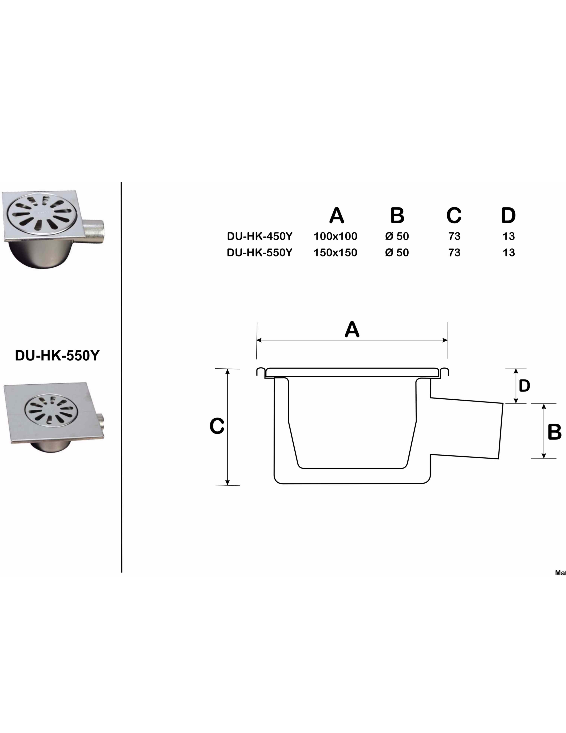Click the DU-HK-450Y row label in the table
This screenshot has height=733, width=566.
(260, 236)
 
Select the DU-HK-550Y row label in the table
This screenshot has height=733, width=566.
(260, 252)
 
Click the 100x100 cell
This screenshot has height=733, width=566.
(335, 236)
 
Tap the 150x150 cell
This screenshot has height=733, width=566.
(335, 252)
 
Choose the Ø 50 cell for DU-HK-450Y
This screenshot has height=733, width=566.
(397, 236)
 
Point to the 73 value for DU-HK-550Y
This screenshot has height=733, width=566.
(454, 252)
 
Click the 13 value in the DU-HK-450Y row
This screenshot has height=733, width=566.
(509, 236)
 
